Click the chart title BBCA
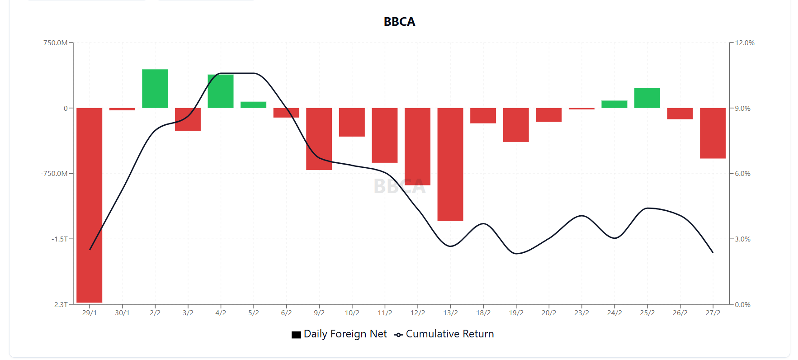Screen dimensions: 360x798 tap(399, 22)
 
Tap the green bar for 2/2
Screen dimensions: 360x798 tap(155, 89)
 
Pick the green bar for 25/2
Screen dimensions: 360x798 tap(647, 98)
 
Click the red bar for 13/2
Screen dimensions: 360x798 tap(450, 164)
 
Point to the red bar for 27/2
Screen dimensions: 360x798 tap(713, 133)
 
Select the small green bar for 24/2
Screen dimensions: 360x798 tap(614, 104)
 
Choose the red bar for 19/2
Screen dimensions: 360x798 tap(516, 125)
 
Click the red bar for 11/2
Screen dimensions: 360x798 tap(385, 135)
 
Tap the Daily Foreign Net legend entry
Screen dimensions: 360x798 tap(340, 334)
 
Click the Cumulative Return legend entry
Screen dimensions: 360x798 tap(444, 334)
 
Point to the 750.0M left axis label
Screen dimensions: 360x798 tap(56, 43)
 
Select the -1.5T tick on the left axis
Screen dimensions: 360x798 tap(60, 239)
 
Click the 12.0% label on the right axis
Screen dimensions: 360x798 tap(745, 43)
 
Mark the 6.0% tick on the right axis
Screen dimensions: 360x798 tap(742, 174)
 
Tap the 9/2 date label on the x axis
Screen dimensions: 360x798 tap(319, 313)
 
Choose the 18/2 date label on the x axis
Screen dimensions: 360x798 tap(483, 313)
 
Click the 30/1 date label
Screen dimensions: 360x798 tap(122, 313)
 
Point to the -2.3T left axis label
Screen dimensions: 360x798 tap(60, 304)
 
